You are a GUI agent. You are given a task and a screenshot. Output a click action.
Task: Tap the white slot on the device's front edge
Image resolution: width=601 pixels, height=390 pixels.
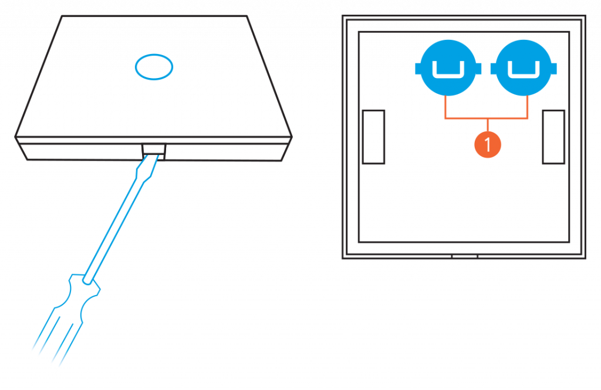153,149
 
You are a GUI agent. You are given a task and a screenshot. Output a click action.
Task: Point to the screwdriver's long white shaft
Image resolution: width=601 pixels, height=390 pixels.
117,223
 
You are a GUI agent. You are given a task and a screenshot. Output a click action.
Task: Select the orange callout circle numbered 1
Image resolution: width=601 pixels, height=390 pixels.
488,143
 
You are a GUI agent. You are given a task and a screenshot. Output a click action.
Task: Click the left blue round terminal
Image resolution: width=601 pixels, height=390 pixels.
449,69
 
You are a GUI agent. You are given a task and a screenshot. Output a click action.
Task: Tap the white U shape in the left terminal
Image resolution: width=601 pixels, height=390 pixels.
449,70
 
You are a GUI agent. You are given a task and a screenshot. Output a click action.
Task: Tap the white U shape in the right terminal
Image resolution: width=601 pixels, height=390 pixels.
523,70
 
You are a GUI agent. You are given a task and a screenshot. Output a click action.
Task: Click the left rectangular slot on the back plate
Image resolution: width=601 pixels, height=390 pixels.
373,137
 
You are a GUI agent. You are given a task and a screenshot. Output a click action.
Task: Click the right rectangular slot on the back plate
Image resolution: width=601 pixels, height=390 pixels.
553,137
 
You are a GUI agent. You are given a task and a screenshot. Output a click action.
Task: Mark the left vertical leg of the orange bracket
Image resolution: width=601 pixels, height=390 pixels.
445,107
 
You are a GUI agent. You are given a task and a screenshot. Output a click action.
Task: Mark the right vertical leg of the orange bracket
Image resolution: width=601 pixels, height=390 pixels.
528,107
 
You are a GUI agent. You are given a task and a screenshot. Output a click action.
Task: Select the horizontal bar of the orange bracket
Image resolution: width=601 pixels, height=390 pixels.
487,118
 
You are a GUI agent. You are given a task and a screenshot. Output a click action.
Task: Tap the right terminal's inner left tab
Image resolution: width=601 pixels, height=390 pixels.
492,69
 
